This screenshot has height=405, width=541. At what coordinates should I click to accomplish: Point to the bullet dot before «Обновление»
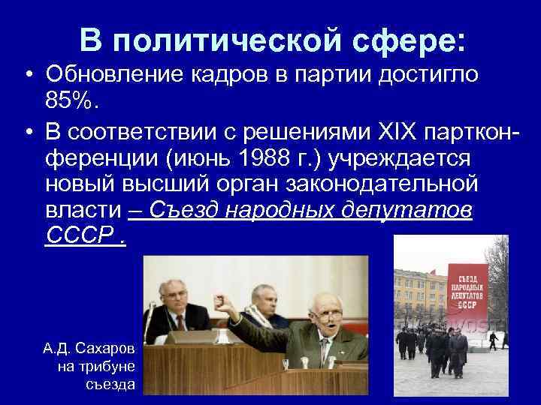coord(26,75)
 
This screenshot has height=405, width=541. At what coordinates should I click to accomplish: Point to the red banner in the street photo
coord(467,289)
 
